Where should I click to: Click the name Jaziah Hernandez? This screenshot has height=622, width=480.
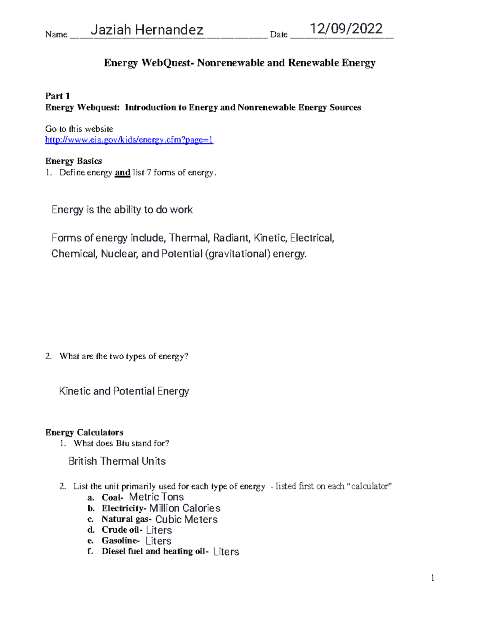pos(147,30)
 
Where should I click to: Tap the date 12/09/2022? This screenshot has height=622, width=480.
pos(346,29)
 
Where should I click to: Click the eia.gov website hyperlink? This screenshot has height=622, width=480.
pos(129,140)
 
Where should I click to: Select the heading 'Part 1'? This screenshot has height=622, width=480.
pos(58,96)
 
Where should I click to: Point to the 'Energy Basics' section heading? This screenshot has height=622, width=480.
pos(74,161)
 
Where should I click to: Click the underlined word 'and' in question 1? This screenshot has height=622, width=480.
pos(122,173)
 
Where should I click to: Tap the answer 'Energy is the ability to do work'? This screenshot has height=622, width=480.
pos(122,210)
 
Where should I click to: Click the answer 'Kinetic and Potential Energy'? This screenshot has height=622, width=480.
pos(124,391)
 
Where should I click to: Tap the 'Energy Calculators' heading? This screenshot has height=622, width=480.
pos(84,433)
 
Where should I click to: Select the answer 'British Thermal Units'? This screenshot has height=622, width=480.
pos(117,461)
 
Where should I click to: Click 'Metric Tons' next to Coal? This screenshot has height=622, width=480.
pos(156,497)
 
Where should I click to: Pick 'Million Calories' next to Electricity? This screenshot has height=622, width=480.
pos(185,508)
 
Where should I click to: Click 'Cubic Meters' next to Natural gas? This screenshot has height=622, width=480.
pos(186,519)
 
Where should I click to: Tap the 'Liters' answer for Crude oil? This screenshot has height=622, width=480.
pos(159,530)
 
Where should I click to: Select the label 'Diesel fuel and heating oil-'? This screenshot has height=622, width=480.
pos(155,552)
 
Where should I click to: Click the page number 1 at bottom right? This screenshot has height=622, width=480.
pos(432,578)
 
